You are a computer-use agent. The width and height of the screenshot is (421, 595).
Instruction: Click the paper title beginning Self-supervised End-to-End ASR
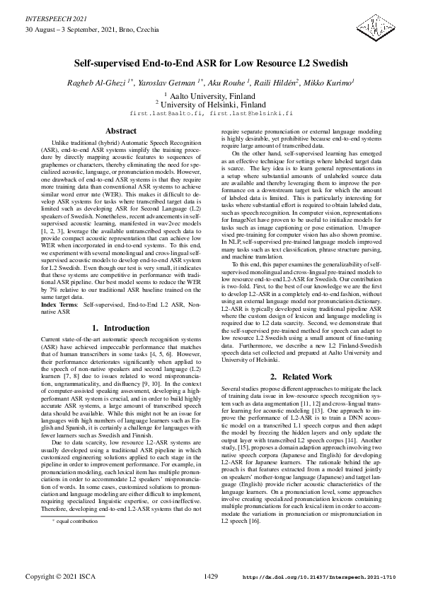tap(210, 62)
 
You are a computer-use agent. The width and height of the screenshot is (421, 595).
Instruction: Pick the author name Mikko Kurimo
tap(330, 83)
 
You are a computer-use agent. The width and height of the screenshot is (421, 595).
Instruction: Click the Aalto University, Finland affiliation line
tap(210, 94)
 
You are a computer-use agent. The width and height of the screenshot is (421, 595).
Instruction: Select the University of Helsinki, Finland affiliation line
tap(210, 104)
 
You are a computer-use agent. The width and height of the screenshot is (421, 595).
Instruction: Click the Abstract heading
tap(120, 131)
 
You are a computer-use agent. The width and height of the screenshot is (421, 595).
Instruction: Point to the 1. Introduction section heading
tap(120, 328)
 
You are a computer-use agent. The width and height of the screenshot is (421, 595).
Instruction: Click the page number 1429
tap(210, 577)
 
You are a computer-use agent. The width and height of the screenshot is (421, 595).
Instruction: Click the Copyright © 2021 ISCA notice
tap(59, 577)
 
